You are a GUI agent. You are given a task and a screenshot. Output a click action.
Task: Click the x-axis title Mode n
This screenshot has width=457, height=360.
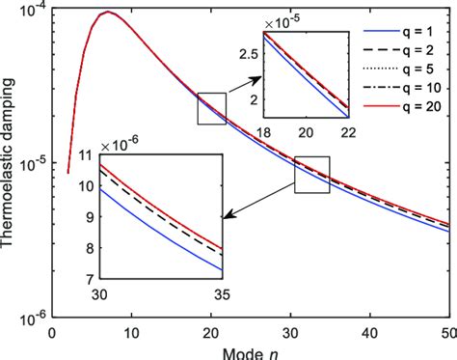[x=247, y=350]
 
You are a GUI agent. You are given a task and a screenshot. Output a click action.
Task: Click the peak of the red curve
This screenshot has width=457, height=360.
[x=108, y=13]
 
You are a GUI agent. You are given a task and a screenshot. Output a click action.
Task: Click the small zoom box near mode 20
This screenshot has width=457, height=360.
[x=211, y=108]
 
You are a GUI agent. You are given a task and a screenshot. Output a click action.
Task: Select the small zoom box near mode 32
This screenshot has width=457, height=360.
[x=311, y=174]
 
